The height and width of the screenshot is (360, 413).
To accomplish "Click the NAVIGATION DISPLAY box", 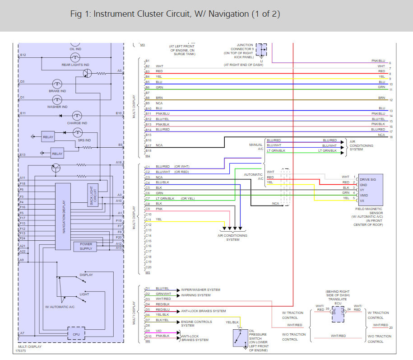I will point(63,216).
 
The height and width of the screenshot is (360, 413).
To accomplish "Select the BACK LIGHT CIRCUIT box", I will point(93,195).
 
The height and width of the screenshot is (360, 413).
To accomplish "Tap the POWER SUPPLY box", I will point(85,246).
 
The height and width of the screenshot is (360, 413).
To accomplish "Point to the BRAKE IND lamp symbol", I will point(57,84).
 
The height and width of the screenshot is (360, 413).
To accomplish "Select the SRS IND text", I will point(84,140).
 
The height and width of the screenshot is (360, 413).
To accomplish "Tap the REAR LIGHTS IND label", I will point(75,65).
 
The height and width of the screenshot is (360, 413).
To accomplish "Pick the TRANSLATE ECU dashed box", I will point(338,312).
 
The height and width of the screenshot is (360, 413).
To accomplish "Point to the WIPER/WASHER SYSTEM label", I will point(200,290).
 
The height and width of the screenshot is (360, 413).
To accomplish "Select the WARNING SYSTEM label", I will point(196,295).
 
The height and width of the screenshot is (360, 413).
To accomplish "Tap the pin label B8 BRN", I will point(154,98).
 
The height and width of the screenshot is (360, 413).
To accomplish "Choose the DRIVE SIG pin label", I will point(368,180).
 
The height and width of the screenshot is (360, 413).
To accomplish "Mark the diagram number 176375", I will point(20,350).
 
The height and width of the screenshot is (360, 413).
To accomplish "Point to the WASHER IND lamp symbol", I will point(57,100).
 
